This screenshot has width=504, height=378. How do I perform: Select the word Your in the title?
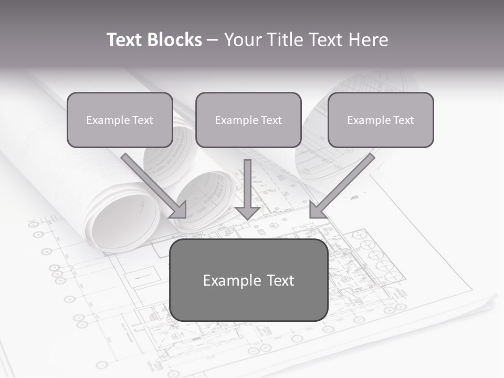point(243,40)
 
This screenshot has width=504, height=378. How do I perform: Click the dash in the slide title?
point(213,40)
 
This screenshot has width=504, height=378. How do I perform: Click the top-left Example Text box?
point(120,120)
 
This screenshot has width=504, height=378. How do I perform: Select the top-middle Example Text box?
point(248,120)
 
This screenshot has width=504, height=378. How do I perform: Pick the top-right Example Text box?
point(381,120)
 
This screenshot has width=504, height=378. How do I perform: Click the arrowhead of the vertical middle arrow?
point(247,213)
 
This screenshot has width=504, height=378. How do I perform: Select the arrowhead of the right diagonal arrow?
point(316,211)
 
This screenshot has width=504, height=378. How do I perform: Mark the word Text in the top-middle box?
point(270,120)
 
